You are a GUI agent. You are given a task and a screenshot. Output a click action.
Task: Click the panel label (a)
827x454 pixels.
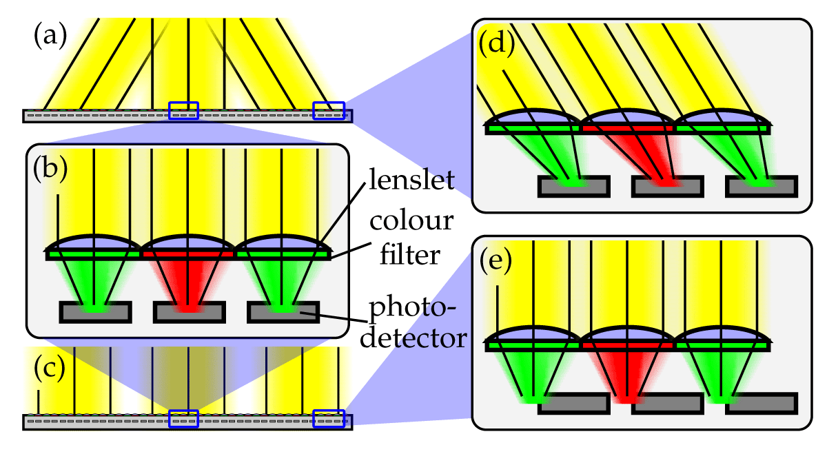click(50, 36)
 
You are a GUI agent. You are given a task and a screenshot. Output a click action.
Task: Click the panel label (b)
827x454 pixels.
click(50, 169)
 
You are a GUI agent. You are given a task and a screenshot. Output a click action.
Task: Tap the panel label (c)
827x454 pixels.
click(50, 369)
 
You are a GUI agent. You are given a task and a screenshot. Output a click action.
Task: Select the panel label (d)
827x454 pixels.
click(497, 43)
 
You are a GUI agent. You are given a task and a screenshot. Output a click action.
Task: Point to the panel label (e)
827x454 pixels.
click(496, 261)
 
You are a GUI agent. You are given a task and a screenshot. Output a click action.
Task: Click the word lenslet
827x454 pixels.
click(411, 180)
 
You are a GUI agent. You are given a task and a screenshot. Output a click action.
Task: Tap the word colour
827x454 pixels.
click(411, 221)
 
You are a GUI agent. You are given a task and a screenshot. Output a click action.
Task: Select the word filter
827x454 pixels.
click(410, 254)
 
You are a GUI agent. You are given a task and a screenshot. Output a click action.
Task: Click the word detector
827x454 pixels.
click(413, 338)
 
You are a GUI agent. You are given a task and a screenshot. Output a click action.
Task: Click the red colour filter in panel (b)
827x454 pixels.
click(188, 255)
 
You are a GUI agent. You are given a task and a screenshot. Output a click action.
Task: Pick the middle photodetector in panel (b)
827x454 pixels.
click(189, 313)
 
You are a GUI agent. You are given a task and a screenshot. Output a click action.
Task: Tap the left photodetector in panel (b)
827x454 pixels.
click(95, 313)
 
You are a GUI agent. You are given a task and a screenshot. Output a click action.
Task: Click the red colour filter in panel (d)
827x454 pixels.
click(628, 129)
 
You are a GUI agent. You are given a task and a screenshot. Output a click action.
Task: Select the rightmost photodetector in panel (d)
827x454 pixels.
click(762, 187)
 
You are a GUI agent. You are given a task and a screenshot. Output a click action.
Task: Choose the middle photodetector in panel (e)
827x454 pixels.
click(668, 404)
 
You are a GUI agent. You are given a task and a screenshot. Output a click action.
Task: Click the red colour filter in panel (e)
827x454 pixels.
click(628, 346)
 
